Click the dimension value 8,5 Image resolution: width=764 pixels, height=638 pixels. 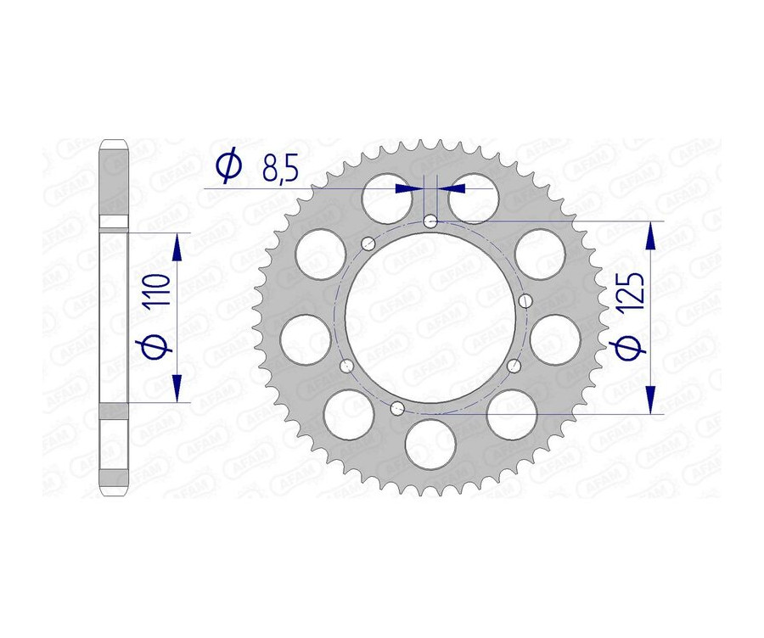pyautogui.click(x=281, y=168)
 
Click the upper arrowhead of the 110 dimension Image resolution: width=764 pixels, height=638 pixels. pyautogui.click(x=177, y=247)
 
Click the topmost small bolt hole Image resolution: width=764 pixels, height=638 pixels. pyautogui.click(x=431, y=221)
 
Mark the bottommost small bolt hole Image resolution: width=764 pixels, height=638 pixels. pyautogui.click(x=396, y=408)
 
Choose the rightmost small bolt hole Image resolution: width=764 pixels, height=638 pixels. pyautogui.click(x=525, y=300)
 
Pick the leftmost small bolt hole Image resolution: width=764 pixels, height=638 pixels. pyautogui.click(x=345, y=366)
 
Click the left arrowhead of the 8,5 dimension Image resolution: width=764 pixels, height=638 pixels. pyautogui.click(x=413, y=187)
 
